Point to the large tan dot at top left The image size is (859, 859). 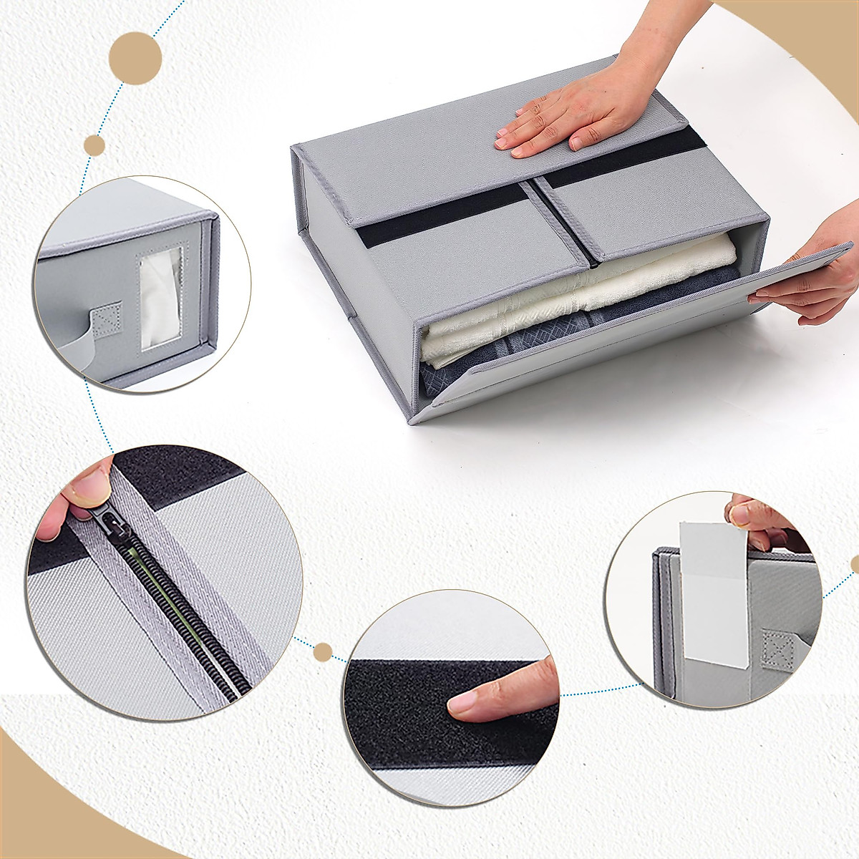point(135,58)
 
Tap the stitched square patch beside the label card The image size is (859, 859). point(777,648)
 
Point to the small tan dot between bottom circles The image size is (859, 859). point(323,652)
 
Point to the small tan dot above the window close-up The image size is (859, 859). point(94,146)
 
